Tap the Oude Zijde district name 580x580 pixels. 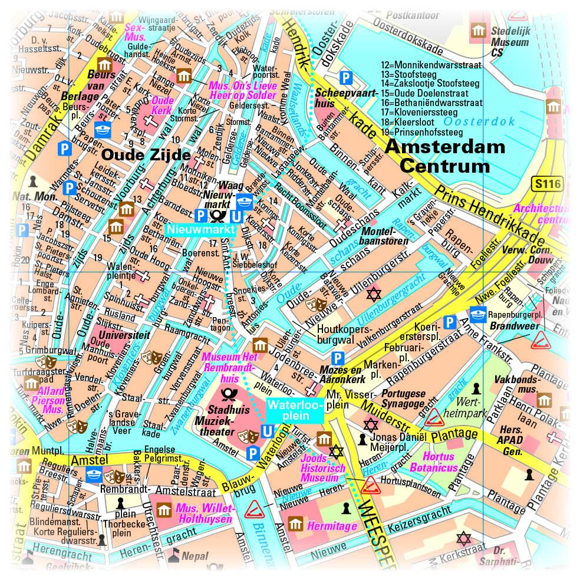pos(146,154)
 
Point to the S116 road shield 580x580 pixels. pos(547,184)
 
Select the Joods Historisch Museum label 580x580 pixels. pos(322,468)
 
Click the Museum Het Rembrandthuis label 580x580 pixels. pos(229,367)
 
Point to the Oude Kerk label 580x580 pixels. pos(162,105)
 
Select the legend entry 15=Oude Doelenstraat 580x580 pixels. pos(424,93)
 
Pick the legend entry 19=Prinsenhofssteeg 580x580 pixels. pos(422,132)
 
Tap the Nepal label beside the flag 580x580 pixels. pos(194,555)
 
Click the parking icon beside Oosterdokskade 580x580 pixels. pos(348,77)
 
